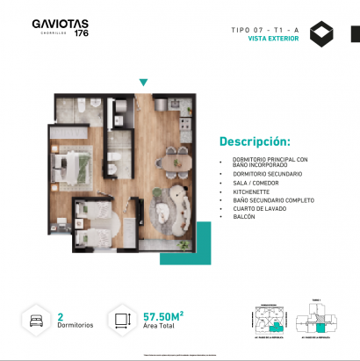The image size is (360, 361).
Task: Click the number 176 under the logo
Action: click(81, 35)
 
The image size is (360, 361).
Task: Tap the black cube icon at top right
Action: click(325, 35)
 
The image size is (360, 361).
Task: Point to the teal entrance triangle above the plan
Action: click(143, 83)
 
